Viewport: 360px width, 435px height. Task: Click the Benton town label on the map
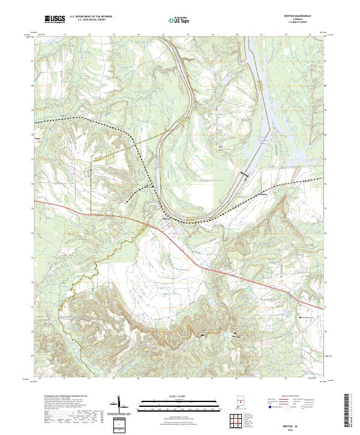tap(166, 220)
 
